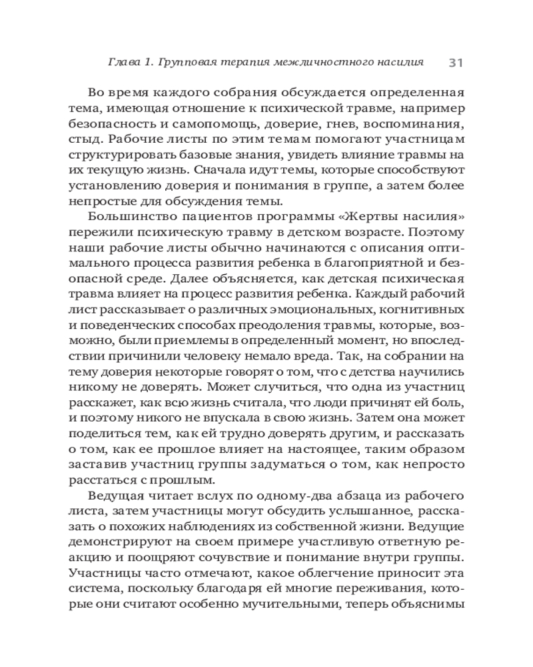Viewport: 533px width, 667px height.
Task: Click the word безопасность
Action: pos(118,125)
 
